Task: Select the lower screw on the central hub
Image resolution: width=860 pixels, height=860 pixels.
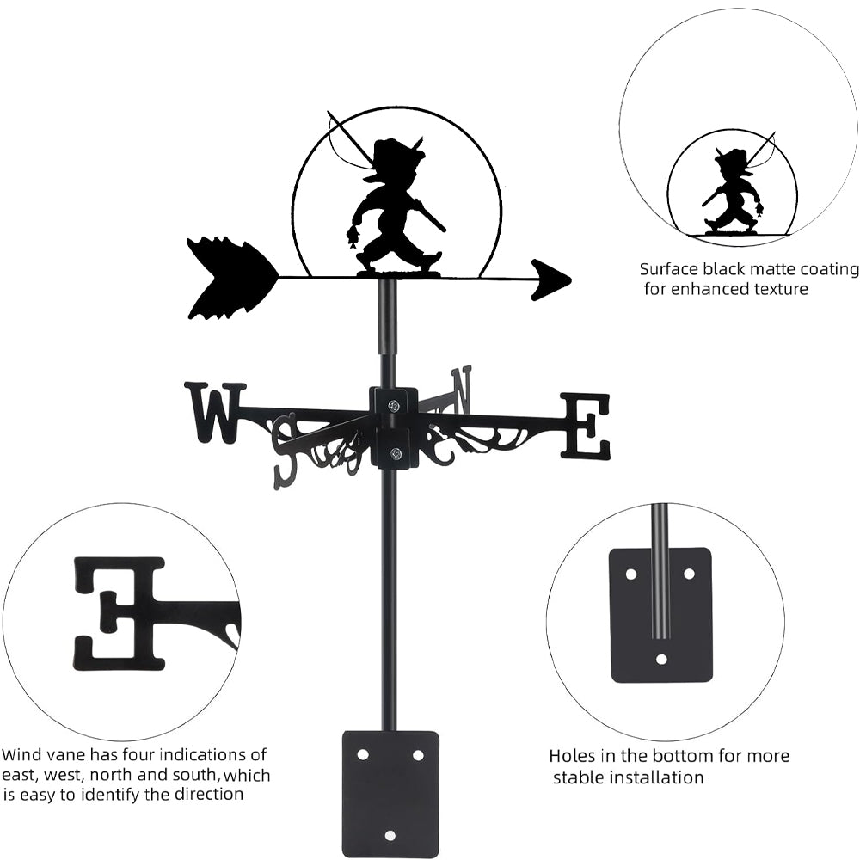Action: tap(395, 453)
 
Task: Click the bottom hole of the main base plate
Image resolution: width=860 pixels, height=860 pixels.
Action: tap(390, 834)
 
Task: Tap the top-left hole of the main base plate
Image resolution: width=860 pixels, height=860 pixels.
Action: tap(363, 754)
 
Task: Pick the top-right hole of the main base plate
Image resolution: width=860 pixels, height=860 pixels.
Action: tap(418, 754)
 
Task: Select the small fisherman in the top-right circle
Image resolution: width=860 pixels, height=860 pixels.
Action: tap(733, 191)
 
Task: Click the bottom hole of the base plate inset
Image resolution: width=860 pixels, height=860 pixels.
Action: tap(661, 659)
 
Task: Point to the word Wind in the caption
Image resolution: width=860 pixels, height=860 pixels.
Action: tap(22, 755)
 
